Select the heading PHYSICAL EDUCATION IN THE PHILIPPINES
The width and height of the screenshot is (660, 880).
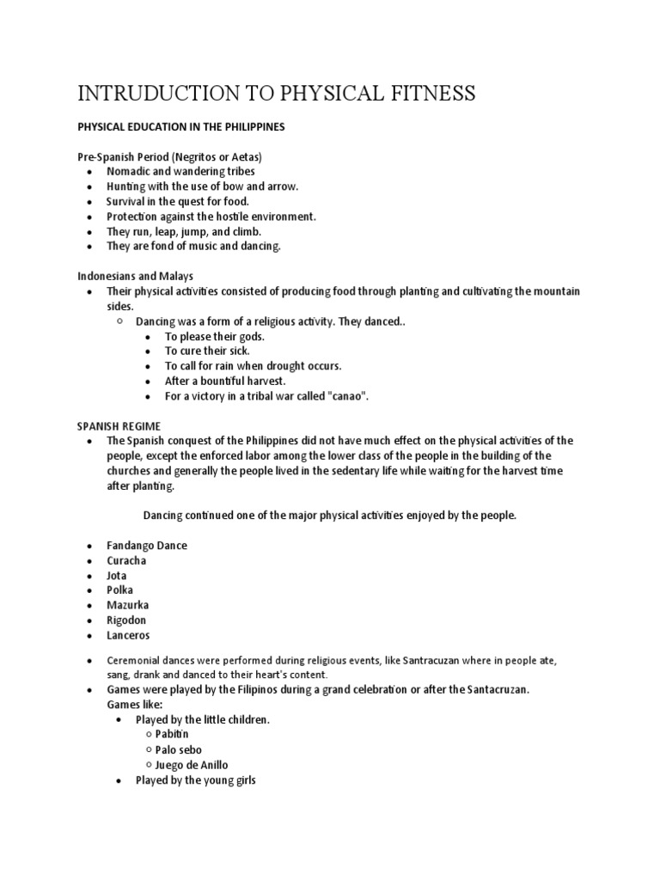coord(181,127)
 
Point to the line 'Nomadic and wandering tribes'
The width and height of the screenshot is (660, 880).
coord(180,172)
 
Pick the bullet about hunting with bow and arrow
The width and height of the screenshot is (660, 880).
coord(202,186)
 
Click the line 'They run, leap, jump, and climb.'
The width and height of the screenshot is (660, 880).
coord(183,231)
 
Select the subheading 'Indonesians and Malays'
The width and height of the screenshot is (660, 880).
coord(136,276)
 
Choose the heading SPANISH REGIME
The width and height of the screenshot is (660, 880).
coord(119,426)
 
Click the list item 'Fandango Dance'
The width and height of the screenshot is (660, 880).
coord(147,546)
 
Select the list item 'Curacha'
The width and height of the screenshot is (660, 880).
coord(126,560)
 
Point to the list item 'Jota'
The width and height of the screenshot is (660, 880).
coord(118,576)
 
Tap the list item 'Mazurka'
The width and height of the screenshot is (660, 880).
coord(128,605)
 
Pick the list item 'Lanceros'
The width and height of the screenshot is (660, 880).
coord(128,635)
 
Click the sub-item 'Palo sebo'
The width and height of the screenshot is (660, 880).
coord(179,749)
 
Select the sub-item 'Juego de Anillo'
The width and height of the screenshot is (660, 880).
coord(192,765)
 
